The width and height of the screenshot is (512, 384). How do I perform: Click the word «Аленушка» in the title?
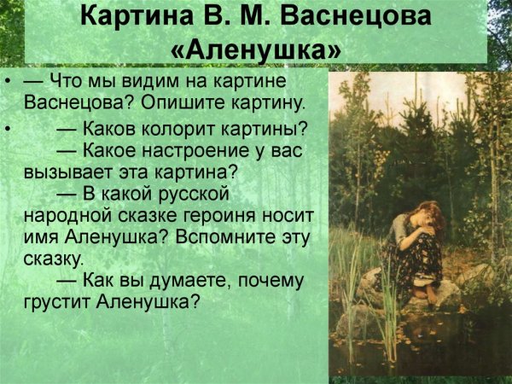[256, 49]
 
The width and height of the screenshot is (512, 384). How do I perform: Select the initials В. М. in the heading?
[236, 16]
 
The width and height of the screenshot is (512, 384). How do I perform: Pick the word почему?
[265, 279]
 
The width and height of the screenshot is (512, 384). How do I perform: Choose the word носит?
[287, 214]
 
